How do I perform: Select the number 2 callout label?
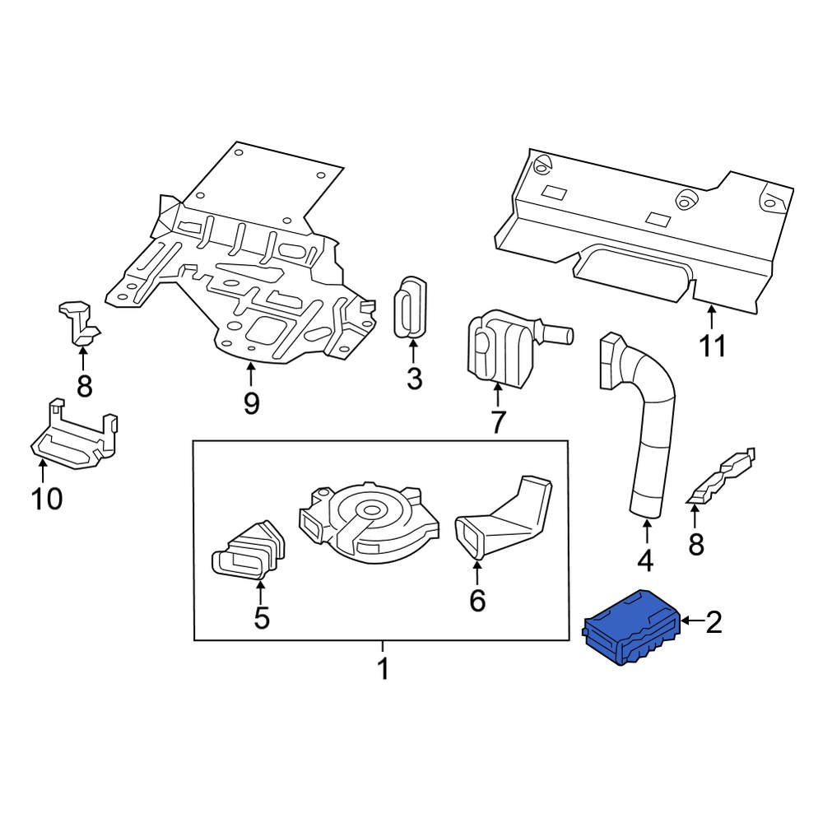coord(714,621)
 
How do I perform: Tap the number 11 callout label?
coord(713,346)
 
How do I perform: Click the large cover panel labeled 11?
coord(642,230)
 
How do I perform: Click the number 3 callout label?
coord(414,379)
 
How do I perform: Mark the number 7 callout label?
coord(498,422)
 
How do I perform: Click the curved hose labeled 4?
coord(650,420)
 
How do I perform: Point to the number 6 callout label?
coord(477,601)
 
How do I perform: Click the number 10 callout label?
coord(46,498)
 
